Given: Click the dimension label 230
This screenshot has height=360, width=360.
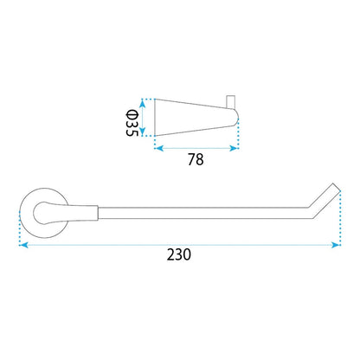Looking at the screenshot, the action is pyautogui.click(x=179, y=254).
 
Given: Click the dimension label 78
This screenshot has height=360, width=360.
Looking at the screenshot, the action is pyautogui.click(x=196, y=159).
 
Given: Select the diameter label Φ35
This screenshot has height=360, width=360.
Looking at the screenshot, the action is pyautogui.click(x=132, y=124).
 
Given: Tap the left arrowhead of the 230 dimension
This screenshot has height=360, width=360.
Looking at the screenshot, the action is pyautogui.click(x=23, y=245).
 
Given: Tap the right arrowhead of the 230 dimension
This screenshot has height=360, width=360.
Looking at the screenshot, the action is pyautogui.click(x=336, y=245).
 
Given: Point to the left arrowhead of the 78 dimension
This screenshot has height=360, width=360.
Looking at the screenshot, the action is pyautogui.click(x=159, y=149).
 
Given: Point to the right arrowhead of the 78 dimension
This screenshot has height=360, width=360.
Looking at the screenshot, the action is pyautogui.click(x=234, y=149).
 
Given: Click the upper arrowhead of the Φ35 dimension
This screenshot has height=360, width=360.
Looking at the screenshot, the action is pyautogui.click(x=142, y=104).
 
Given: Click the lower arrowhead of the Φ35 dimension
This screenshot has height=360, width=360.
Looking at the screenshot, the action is pyautogui.click(x=142, y=132).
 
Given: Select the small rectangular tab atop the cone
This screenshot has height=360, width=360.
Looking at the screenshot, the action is pyautogui.click(x=231, y=101).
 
